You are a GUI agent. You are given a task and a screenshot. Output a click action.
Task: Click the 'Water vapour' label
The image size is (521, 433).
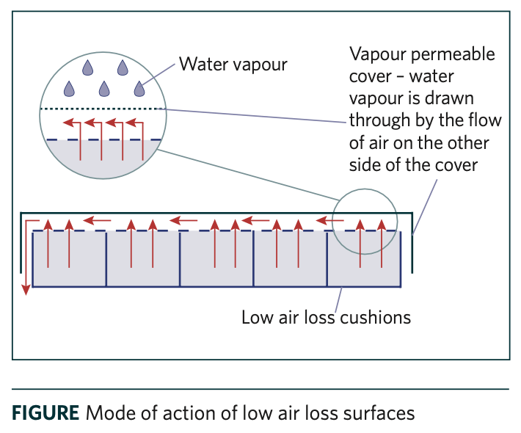234,65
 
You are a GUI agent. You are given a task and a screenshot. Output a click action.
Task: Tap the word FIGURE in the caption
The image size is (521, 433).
45,412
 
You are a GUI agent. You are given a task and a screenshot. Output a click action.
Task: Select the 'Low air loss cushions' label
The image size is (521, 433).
326,318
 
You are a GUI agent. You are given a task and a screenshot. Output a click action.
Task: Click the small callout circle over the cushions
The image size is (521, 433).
364,220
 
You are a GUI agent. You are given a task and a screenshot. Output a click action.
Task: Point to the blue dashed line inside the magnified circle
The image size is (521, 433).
103,139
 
